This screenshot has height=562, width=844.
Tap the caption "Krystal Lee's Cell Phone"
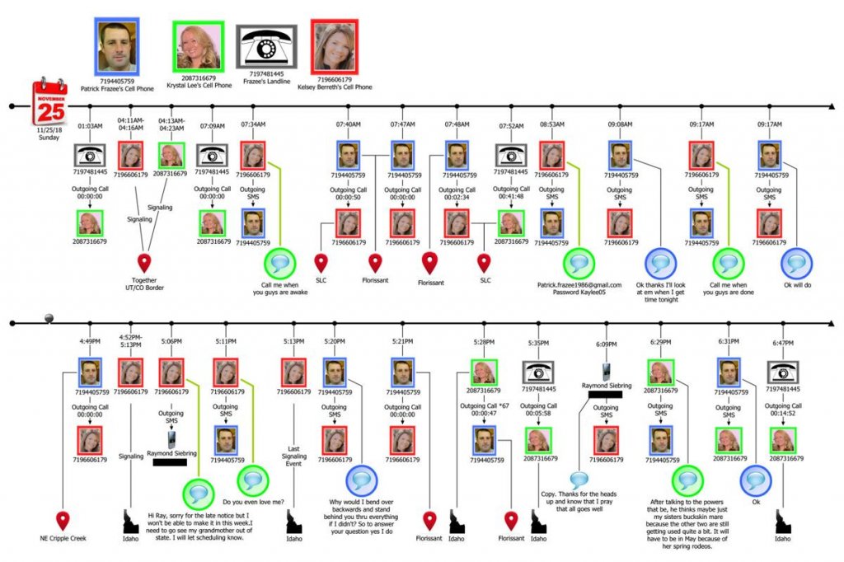pos(198,83)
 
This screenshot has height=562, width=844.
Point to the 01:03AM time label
pos(90,126)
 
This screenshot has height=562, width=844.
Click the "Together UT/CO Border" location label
pos(146,284)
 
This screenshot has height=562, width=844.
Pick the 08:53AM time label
pos(552,124)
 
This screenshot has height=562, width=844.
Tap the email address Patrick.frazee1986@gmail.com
pos(580,284)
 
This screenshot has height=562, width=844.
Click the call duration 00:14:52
pos(783,414)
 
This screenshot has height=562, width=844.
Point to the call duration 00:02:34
pos(457,198)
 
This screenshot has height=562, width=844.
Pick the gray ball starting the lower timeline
pos(49,319)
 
